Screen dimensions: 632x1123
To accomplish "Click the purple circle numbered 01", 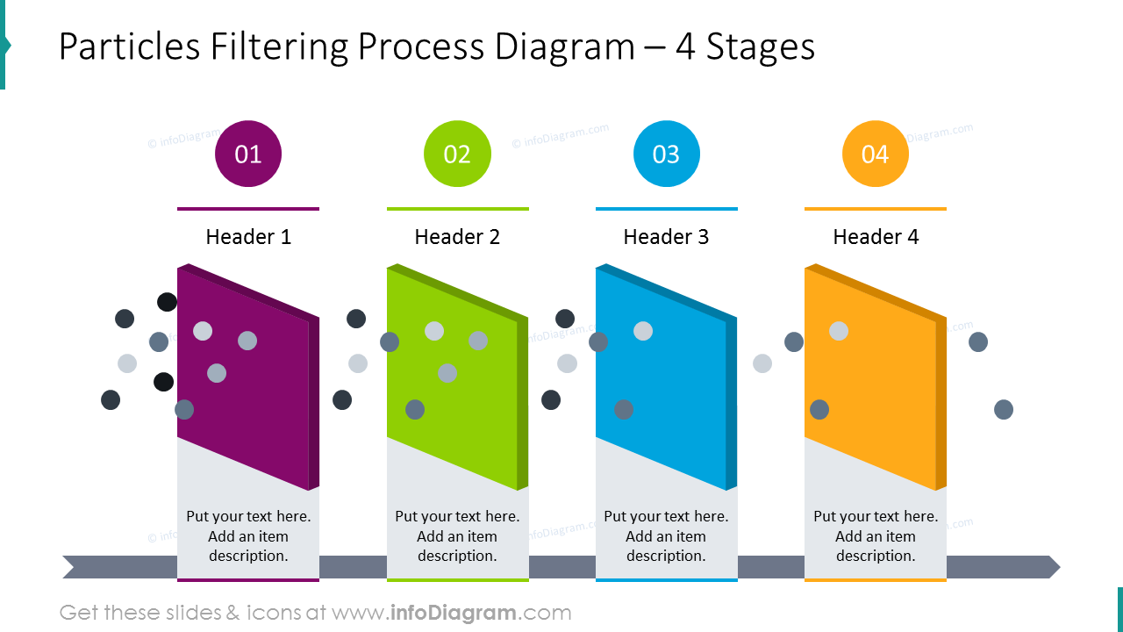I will pos(248,154).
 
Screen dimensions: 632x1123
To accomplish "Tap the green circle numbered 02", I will pos(457,154).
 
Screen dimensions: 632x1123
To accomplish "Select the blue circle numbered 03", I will pos(666,154).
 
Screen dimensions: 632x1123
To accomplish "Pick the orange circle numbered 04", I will pos(875,154).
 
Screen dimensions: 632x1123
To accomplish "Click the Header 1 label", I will pos(248,237).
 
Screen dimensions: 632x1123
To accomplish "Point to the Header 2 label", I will pos(457,237).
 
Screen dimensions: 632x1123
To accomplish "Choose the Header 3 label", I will pos(666,237).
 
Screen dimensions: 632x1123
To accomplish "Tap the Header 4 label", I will pos(876,237).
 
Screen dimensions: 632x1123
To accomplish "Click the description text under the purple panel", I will pos(248,536).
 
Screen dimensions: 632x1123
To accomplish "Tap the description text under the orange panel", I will pos(876,536).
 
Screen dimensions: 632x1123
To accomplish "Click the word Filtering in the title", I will pos(278,47).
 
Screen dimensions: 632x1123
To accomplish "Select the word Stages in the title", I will pos(760,47).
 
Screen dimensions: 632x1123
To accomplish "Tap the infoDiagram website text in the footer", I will pos(479,613).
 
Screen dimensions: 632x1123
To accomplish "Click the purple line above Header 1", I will pos(248,209).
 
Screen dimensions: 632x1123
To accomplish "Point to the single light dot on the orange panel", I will pos(839,331).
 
